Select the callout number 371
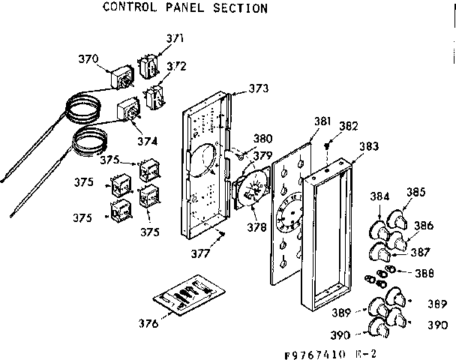point(175,38)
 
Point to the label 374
point(147,140)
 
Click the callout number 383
point(367,148)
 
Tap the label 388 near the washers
point(424,273)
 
